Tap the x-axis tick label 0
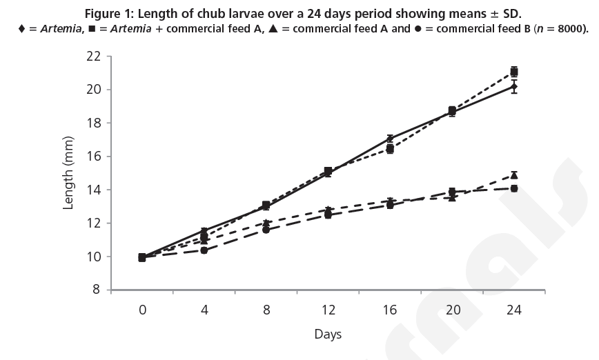[142, 310]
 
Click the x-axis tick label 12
[328, 310]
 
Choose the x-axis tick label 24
[513, 310]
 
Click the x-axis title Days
[328, 334]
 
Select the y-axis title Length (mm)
[69, 173]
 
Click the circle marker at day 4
[204, 250]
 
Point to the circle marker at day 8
[266, 230]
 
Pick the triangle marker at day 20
[452, 197]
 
